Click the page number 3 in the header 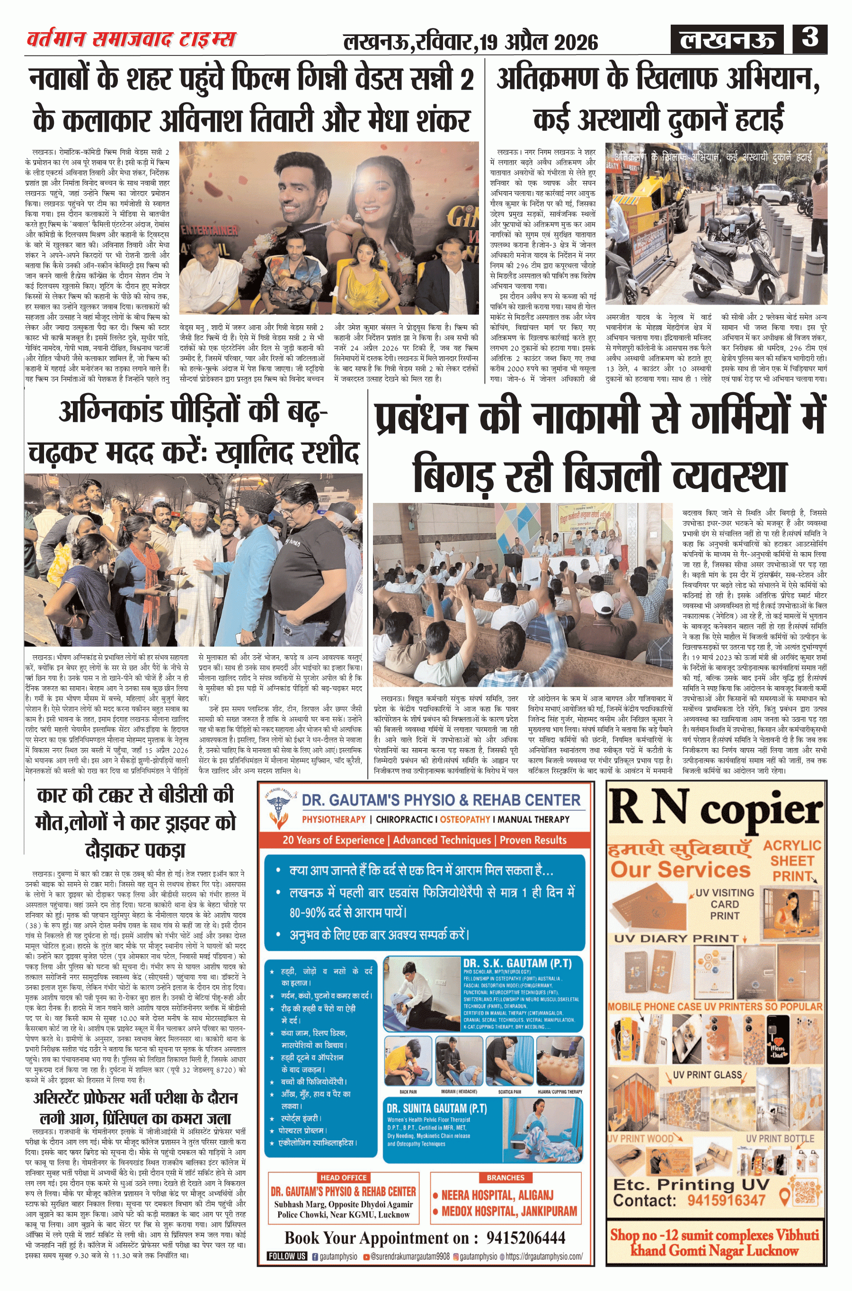click(809, 38)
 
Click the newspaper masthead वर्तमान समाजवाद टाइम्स click(131, 39)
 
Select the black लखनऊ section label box click(728, 40)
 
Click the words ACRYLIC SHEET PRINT click(792, 861)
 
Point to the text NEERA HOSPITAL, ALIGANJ click(497, 1195)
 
